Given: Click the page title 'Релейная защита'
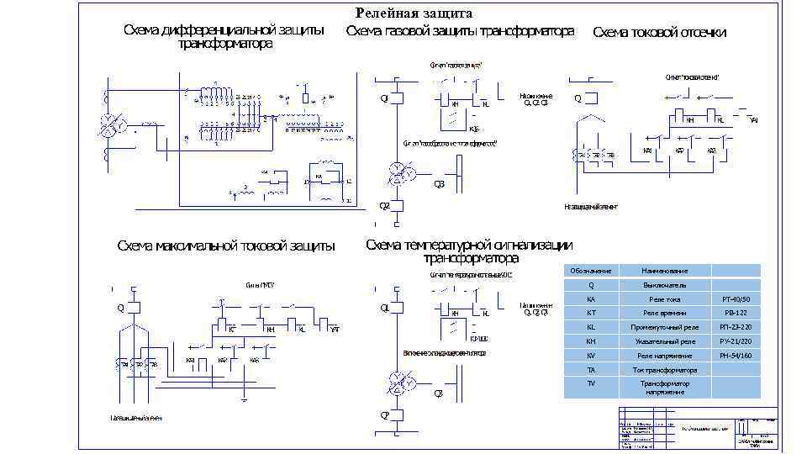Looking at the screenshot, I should (x=414, y=13).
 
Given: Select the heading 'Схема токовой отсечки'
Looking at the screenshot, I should (x=659, y=33).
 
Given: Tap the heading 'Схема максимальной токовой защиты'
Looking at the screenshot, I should (x=225, y=246).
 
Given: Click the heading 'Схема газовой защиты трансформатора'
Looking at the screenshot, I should (x=460, y=31).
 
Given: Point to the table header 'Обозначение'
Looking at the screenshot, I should (x=590, y=271).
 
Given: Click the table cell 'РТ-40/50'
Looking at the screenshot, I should (x=736, y=299).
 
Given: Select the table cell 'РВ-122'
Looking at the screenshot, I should (x=736, y=313).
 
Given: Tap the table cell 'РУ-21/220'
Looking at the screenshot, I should (x=736, y=341).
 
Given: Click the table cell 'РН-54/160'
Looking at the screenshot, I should (x=736, y=356).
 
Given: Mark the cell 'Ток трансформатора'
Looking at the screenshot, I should (x=664, y=370).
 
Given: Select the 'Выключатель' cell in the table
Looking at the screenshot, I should (x=664, y=285).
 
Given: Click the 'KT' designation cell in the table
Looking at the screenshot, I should (x=590, y=313).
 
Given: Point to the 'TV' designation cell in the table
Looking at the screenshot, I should (x=590, y=383).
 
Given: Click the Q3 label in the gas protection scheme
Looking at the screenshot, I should (x=439, y=185).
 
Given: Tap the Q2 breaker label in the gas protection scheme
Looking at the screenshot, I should (x=384, y=204).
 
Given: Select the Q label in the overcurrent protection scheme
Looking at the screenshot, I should (x=120, y=307).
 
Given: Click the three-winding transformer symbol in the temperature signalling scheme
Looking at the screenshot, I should (x=400, y=384).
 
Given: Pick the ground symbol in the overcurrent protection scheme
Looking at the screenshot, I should (x=244, y=401).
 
